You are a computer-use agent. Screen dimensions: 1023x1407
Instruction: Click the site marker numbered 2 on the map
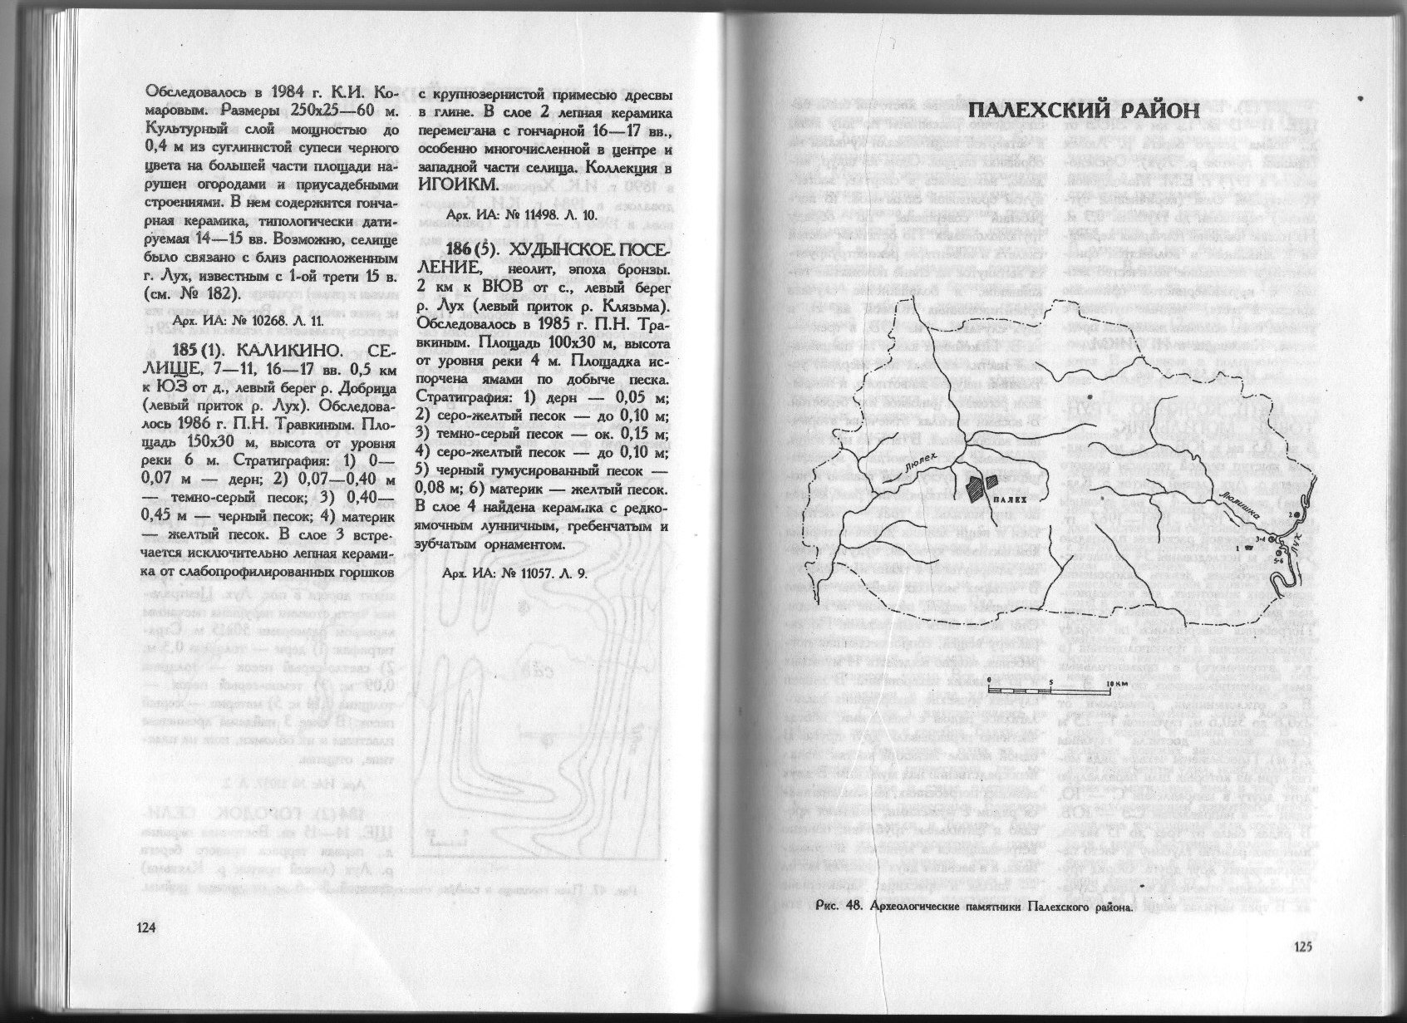pyautogui.click(x=1293, y=516)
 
